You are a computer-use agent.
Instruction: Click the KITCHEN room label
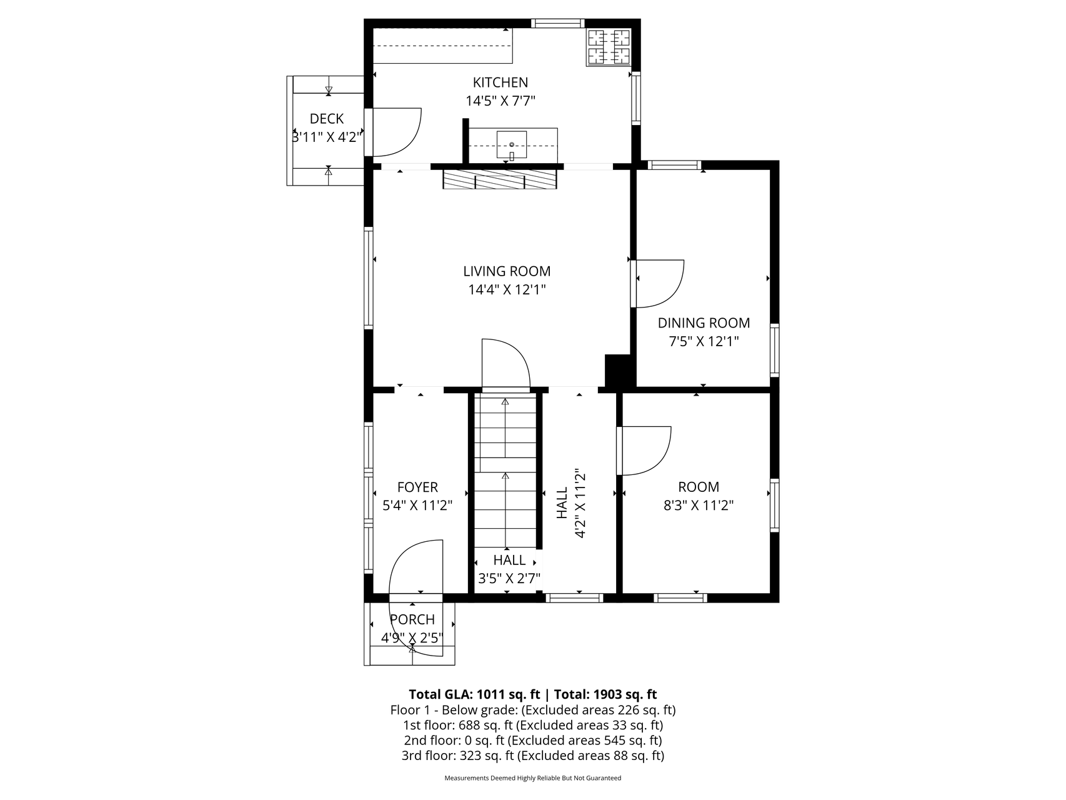[500, 82]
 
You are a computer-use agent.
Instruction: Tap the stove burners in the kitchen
[609, 47]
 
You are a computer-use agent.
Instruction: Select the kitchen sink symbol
[512, 145]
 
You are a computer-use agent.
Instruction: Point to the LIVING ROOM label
[507, 271]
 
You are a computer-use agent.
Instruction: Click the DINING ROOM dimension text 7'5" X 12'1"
[704, 341]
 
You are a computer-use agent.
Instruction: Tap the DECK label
[327, 119]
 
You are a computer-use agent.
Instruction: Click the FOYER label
[417, 487]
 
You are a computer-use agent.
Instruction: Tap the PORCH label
[412, 619]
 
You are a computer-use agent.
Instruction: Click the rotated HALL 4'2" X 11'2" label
[571, 503]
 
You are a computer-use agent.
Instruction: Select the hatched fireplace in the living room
[499, 179]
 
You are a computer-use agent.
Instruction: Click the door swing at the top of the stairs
[506, 363]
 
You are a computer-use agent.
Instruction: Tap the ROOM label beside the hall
[699, 487]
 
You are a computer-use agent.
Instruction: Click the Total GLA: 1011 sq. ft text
[474, 694]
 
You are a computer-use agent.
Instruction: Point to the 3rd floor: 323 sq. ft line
[532, 756]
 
